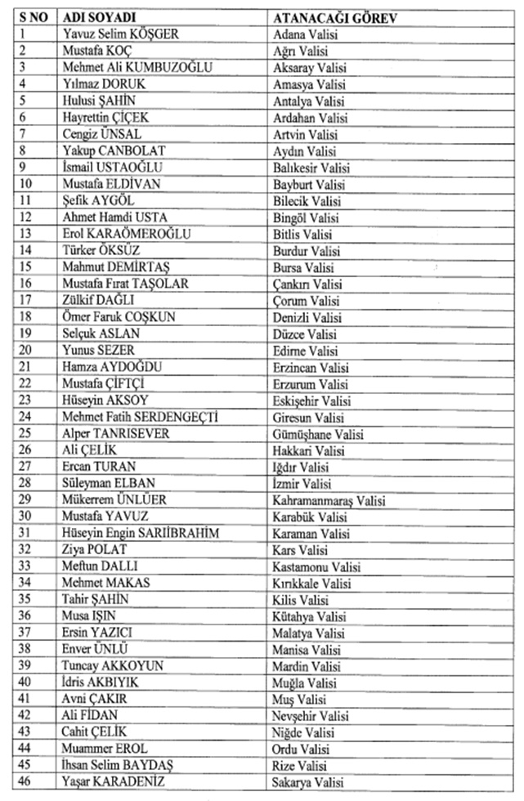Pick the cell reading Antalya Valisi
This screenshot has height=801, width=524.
click(309, 100)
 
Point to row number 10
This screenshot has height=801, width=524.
click(24, 183)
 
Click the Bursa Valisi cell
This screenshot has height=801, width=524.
click(304, 266)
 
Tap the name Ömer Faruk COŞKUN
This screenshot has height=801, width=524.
click(119, 316)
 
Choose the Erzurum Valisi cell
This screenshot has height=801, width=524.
click(311, 383)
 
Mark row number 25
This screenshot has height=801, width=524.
click(24, 433)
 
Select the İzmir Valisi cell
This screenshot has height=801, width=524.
click(303, 484)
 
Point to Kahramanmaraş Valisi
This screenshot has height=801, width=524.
click(329, 500)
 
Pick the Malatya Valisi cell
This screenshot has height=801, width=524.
click(310, 633)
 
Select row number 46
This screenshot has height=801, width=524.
click(24, 783)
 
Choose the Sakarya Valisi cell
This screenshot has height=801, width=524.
click(309, 783)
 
